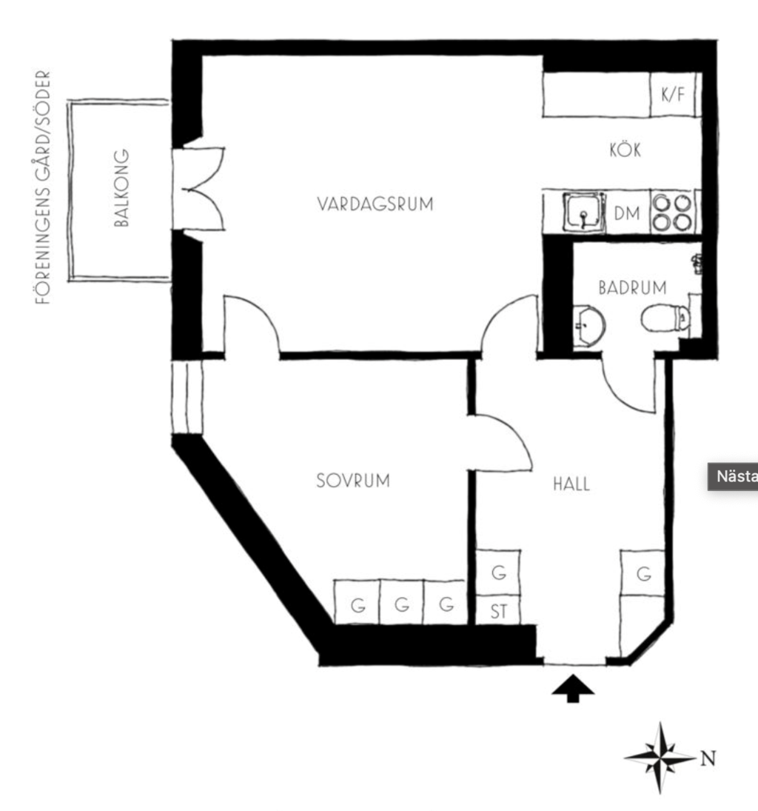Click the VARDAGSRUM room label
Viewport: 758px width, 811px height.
pos(375,204)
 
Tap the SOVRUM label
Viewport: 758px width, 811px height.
pos(353,481)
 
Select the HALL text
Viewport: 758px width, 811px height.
pos(571,484)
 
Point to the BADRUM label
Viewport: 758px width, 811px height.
pos(632,287)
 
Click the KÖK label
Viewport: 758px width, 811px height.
pos(625,150)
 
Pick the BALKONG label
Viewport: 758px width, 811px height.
pos(121,188)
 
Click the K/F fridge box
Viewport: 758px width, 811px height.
pos(673,95)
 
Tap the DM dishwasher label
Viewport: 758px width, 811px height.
pos(627,213)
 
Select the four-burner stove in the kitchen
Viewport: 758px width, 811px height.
pos(671,212)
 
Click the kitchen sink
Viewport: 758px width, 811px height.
pos(584,212)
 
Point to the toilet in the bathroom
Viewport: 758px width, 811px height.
pos(665,318)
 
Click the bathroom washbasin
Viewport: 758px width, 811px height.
pos(588,325)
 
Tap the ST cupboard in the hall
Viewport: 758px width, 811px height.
pos(498,610)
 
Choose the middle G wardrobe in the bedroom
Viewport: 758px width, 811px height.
pos(402,603)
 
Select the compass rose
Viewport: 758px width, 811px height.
pos(660,758)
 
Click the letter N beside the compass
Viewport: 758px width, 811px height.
pos(708,758)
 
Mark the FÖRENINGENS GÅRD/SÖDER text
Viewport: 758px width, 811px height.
pos(44,187)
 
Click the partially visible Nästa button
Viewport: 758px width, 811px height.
pos(733,476)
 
